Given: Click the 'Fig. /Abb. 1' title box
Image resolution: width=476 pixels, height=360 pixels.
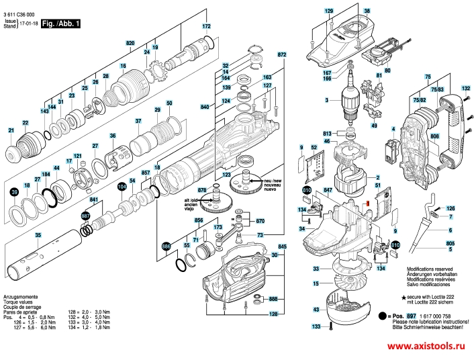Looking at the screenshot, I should click(60, 24).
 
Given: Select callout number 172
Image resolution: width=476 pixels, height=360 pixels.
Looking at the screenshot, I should click(207, 26).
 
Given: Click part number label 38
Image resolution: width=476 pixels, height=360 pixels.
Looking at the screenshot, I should click(367, 11).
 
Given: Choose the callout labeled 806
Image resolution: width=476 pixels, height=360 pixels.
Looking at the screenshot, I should click(434, 136).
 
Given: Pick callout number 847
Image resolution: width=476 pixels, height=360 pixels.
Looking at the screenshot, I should click(328, 191).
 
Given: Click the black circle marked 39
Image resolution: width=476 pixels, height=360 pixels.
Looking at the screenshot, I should click(15, 192).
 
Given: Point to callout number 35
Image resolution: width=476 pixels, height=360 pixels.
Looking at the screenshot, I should click(38, 234).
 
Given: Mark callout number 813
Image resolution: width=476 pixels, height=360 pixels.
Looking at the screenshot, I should click(327, 133).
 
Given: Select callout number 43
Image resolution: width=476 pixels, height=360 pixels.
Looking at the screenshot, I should click(316, 309).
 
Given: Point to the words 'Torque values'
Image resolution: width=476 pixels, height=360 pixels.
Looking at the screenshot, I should click(19, 301).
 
